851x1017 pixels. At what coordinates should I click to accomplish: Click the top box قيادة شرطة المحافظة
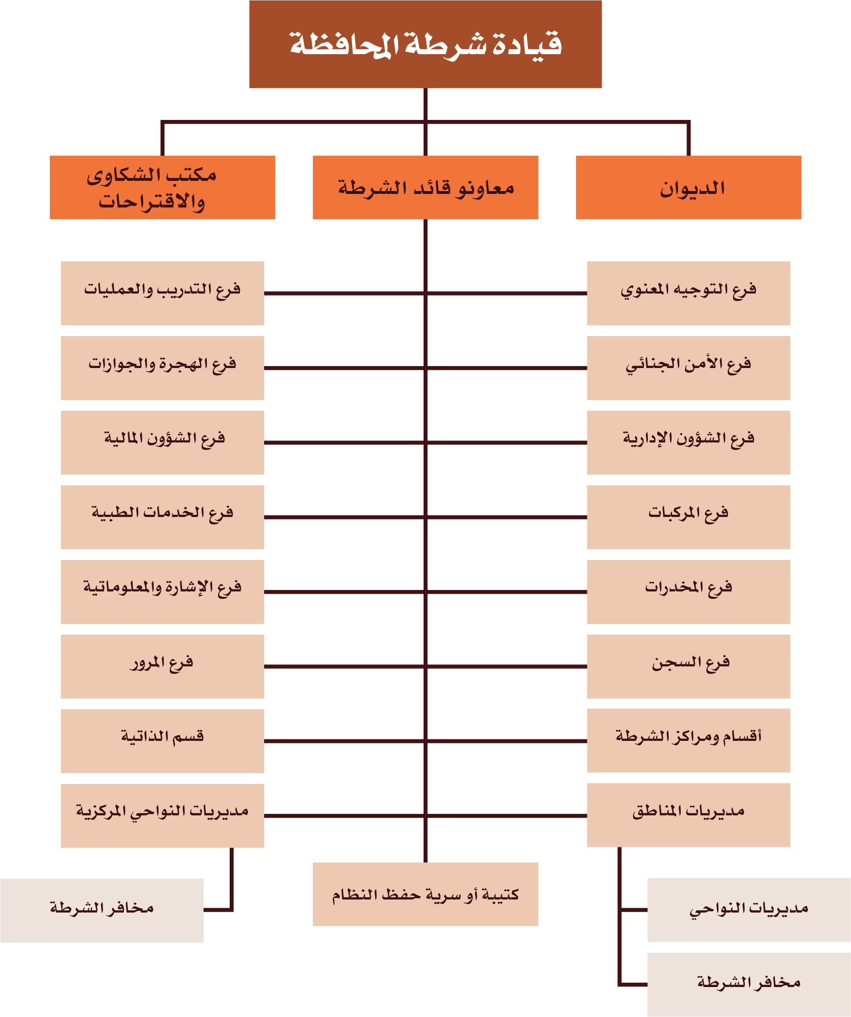pyautogui.click(x=425, y=44)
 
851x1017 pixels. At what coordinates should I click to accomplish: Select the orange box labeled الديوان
pyautogui.click(x=688, y=188)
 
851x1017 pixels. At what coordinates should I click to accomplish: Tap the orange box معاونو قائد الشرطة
pyautogui.click(x=425, y=188)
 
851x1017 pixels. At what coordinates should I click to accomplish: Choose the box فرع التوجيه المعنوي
pyautogui.click(x=688, y=294)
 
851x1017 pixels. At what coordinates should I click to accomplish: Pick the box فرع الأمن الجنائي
pyautogui.click(x=688, y=368)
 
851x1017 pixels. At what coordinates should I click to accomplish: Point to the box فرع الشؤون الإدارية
pyautogui.click(x=688, y=442)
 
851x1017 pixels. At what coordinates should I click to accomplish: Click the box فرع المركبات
pyautogui.click(x=688, y=517)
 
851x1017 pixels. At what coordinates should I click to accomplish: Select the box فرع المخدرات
pyautogui.click(x=688, y=592)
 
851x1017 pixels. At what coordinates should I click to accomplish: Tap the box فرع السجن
pyautogui.click(x=688, y=666)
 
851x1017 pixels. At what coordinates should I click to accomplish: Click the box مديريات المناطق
pyautogui.click(x=688, y=815)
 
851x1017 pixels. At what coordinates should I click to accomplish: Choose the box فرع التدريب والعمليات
pyautogui.click(x=162, y=294)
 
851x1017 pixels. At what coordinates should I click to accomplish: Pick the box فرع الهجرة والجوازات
pyautogui.click(x=162, y=368)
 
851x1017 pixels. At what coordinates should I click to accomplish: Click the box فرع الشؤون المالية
pyautogui.click(x=162, y=442)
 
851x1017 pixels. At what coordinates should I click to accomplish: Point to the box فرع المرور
pyautogui.click(x=162, y=666)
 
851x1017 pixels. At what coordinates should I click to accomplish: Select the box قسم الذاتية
pyautogui.click(x=162, y=741)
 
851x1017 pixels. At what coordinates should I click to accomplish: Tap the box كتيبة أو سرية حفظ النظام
pyautogui.click(x=425, y=894)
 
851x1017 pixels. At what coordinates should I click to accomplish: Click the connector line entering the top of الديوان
pyautogui.click(x=688, y=138)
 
